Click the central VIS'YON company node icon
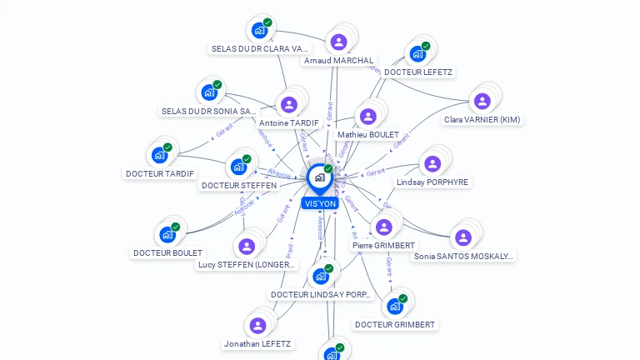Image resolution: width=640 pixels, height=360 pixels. (x=319, y=177)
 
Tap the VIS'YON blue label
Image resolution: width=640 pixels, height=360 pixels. (x=320, y=203)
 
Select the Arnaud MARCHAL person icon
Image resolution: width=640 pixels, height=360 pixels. (x=338, y=42)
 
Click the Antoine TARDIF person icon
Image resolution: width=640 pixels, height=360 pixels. (x=288, y=104)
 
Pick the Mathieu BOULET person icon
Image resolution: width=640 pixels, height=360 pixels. (x=367, y=116)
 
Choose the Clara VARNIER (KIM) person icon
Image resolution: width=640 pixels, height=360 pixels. (x=482, y=101)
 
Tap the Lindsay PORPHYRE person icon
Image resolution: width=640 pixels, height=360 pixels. (x=432, y=163)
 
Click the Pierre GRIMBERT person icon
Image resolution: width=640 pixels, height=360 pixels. (x=383, y=227)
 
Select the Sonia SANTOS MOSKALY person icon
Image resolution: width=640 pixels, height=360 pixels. (x=463, y=237)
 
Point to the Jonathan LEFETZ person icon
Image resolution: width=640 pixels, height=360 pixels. (x=257, y=325)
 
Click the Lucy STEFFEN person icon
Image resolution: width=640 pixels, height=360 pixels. (x=246, y=246)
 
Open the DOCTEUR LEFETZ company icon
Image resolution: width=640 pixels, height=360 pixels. (x=417, y=53)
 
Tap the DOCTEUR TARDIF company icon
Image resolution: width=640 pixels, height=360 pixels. (x=159, y=155)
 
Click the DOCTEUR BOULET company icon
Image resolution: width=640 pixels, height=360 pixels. (x=167, y=234)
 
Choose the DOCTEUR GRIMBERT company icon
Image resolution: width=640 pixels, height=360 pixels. (x=395, y=306)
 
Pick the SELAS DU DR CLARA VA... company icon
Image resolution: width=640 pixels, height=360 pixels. (x=259, y=30)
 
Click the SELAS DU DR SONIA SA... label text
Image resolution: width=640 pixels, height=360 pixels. (x=209, y=111)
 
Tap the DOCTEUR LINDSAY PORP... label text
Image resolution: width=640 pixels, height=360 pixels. (x=321, y=295)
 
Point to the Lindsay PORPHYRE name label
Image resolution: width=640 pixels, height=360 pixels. (x=432, y=182)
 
